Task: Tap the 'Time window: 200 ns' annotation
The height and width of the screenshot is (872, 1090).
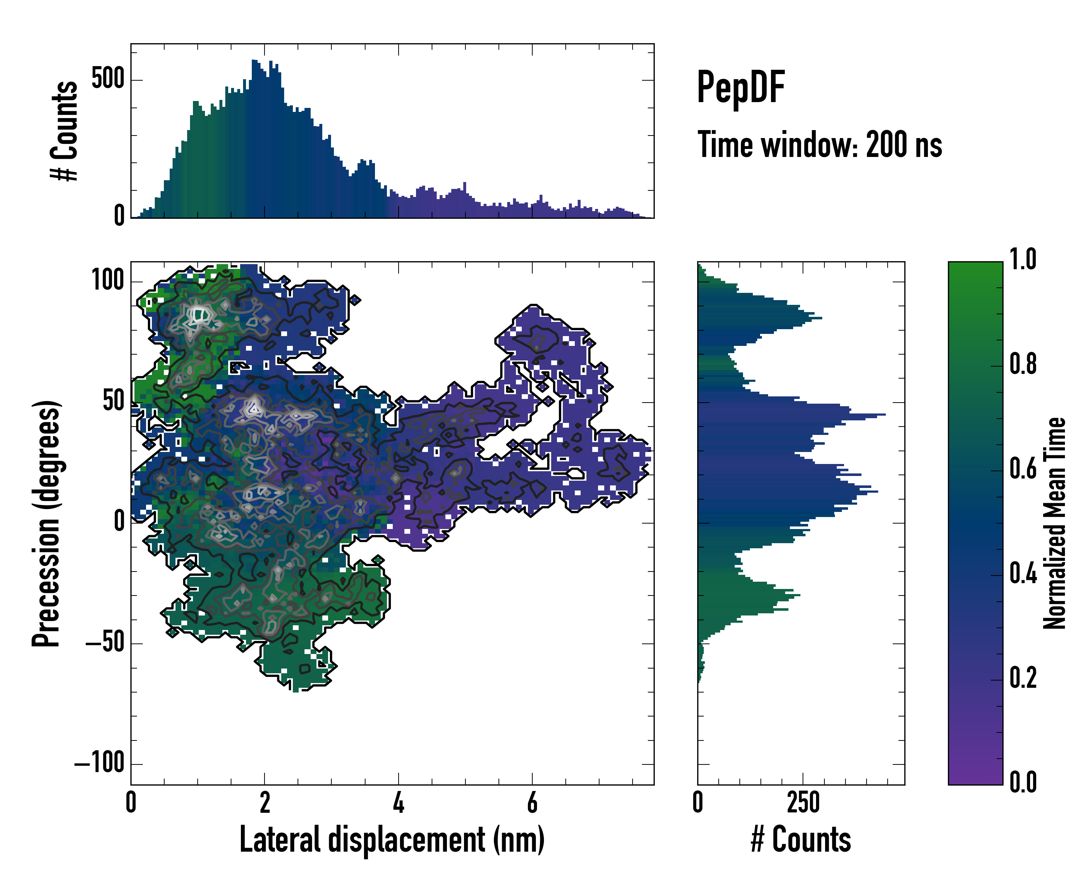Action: tap(820, 145)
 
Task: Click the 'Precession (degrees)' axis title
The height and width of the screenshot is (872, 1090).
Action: tap(47, 524)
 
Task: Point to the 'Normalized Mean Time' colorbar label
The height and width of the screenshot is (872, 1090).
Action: tap(1055, 523)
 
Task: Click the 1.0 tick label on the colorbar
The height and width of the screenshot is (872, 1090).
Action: tap(1023, 260)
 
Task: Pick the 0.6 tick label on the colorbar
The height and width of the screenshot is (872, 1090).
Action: tap(1023, 469)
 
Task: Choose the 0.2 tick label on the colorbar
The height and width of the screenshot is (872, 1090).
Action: tap(1023, 678)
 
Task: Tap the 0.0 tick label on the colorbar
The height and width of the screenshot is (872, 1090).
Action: tap(1023, 782)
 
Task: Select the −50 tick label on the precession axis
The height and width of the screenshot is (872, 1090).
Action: tap(105, 643)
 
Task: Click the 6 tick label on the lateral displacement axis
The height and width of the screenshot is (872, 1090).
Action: tap(532, 803)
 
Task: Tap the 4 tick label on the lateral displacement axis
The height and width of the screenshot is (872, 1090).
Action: tap(398, 803)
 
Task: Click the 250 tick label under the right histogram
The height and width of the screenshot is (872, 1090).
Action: tap(803, 803)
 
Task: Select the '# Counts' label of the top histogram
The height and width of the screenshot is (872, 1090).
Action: tap(65, 130)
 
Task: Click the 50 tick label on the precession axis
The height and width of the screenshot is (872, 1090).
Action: tap(114, 402)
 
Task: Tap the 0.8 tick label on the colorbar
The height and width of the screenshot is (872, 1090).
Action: tap(1023, 364)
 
